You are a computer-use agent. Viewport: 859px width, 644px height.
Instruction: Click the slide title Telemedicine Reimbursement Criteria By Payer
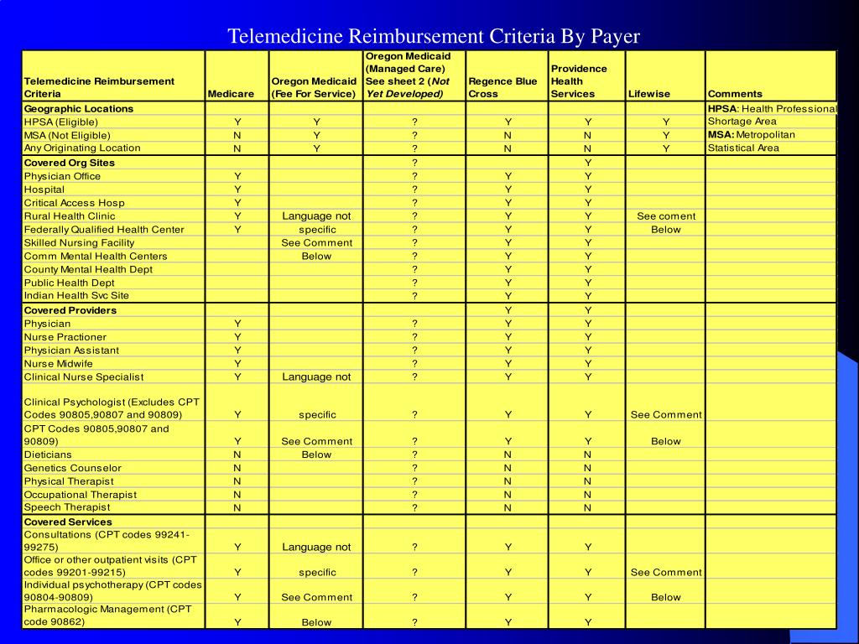click(x=435, y=36)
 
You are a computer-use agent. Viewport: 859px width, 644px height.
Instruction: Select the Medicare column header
click(x=231, y=94)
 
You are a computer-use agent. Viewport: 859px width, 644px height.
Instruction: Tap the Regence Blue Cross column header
click(x=502, y=87)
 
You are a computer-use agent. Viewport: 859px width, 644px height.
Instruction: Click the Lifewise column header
click(x=649, y=94)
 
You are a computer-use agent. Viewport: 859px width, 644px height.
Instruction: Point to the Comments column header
click(x=735, y=94)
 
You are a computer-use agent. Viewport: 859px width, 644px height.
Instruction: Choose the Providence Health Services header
click(x=579, y=81)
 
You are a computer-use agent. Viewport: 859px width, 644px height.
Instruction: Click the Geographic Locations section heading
click(x=79, y=109)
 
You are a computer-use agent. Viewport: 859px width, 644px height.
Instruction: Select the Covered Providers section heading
click(x=70, y=310)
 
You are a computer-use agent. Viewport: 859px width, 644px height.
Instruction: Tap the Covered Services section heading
click(x=68, y=522)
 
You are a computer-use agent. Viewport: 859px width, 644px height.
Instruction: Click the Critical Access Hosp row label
click(x=74, y=203)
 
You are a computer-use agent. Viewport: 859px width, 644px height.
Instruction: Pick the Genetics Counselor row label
click(x=72, y=468)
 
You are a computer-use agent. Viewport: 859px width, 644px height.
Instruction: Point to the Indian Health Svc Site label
click(x=76, y=296)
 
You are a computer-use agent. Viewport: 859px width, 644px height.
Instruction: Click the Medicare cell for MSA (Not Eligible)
click(x=237, y=135)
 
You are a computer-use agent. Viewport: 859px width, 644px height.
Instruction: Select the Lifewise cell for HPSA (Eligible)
click(x=666, y=122)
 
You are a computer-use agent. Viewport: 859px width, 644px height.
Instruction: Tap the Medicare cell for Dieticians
click(x=237, y=454)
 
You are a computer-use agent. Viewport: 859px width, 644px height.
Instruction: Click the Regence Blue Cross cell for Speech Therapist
click(x=508, y=507)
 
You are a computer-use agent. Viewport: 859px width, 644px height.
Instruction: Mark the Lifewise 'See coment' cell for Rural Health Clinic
click(x=666, y=216)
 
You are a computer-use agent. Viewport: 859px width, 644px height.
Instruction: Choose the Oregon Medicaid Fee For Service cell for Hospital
click(x=316, y=190)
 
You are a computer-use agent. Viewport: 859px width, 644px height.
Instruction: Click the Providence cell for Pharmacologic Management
click(x=588, y=622)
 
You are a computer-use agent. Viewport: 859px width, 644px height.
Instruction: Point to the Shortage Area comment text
click(x=742, y=122)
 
